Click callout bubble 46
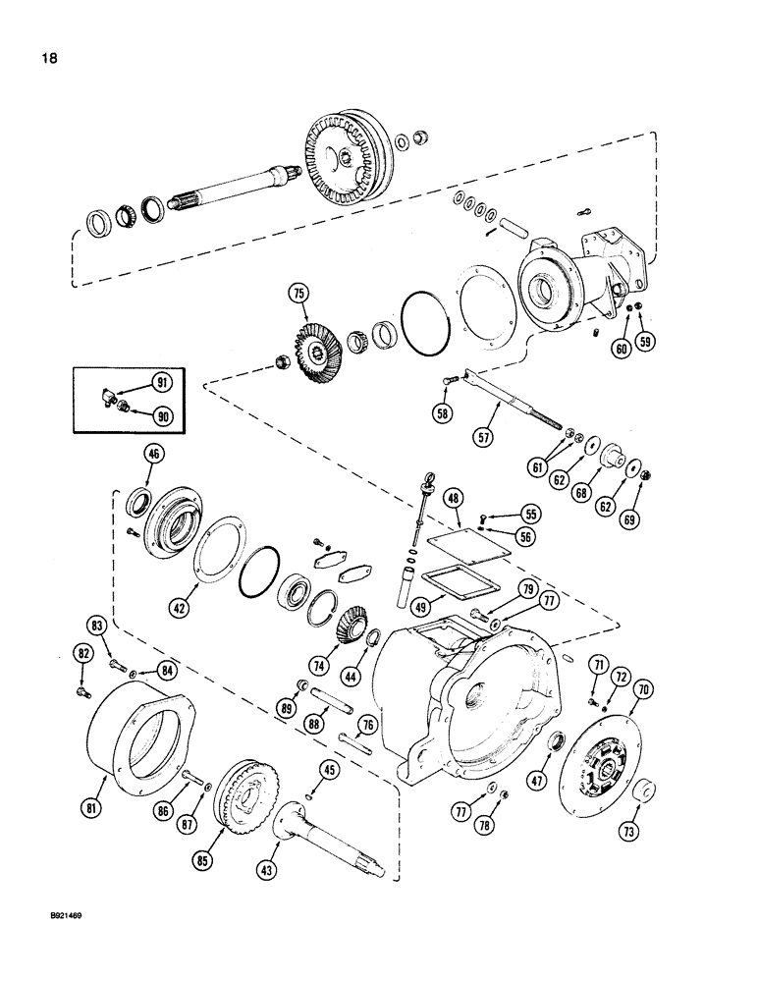[x=153, y=454]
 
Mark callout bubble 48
[x=453, y=500]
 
